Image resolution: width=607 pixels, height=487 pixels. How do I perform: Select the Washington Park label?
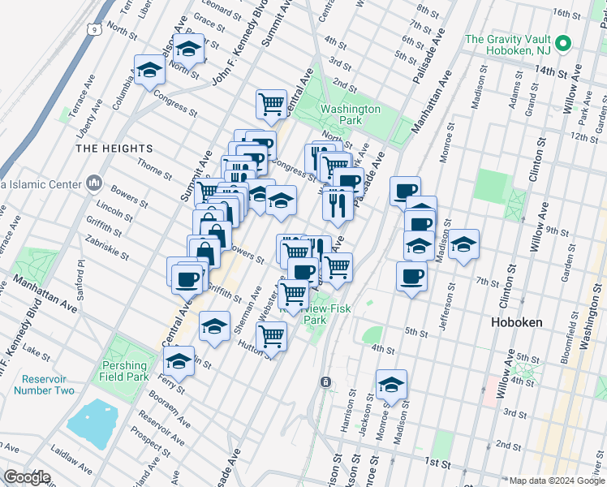[350, 114]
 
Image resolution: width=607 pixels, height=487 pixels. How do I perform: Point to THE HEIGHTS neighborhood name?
[114, 149]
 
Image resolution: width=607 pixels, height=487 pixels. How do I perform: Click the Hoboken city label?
[516, 322]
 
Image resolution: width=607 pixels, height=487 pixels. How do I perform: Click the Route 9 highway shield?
[94, 29]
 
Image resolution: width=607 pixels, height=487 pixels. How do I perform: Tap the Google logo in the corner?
[28, 476]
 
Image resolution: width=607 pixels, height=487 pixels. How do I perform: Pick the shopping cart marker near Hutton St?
[272, 335]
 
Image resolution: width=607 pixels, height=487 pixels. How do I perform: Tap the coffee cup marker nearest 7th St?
[411, 277]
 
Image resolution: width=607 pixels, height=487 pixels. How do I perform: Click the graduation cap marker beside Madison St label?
[463, 244]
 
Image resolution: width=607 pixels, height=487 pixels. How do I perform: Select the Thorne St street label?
[154, 171]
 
